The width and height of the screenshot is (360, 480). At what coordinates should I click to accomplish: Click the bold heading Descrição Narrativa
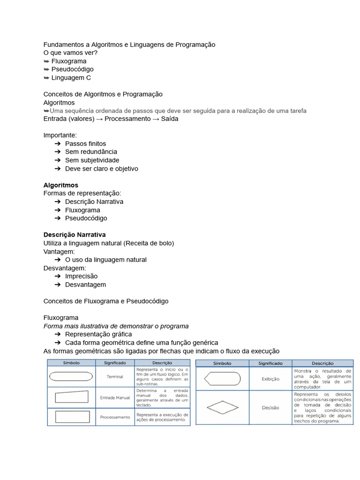click(x=75, y=234)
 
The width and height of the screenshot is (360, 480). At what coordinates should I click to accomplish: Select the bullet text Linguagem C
click(x=71, y=78)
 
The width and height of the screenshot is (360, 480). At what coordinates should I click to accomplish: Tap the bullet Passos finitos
click(x=85, y=143)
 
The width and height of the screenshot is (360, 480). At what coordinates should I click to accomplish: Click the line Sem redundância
click(x=91, y=152)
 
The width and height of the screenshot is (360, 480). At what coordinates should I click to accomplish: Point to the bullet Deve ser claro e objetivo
click(x=101, y=169)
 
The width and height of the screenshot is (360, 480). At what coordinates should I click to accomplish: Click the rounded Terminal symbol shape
click(x=71, y=376)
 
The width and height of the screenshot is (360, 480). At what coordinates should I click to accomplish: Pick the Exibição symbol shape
click(x=223, y=378)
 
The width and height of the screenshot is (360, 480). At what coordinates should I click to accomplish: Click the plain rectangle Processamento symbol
click(x=72, y=417)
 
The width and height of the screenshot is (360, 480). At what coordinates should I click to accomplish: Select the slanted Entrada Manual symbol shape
click(x=72, y=397)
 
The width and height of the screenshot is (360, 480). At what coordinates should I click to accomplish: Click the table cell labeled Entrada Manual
click(x=115, y=397)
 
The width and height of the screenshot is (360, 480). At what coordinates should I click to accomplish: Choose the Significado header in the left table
click(x=115, y=362)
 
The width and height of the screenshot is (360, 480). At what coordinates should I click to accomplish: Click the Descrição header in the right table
click(x=322, y=363)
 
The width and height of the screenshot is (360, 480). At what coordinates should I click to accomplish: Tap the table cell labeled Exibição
click(x=270, y=379)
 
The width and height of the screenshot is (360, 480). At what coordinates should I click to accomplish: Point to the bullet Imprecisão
click(x=81, y=276)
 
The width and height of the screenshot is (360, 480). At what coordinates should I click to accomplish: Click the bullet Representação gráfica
click(x=98, y=334)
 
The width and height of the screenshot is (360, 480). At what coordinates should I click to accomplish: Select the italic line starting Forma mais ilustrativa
click(x=116, y=326)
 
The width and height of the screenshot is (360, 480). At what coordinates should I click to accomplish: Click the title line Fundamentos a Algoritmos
click(x=129, y=45)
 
